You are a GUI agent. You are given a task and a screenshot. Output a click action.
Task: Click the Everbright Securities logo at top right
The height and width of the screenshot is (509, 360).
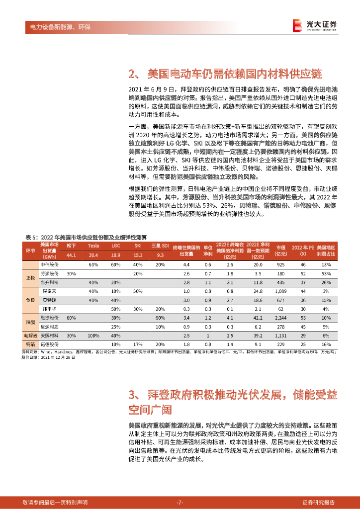pos(314,25)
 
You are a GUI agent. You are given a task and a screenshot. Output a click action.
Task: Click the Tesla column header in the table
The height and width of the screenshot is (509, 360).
pos(93,246)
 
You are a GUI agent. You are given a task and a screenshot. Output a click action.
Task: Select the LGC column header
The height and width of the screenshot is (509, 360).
pos(116,246)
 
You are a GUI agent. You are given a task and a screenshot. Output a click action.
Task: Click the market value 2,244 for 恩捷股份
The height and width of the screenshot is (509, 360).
pos(280,317)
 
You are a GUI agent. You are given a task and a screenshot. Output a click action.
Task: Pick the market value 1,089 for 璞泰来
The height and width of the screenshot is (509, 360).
pos(280,291)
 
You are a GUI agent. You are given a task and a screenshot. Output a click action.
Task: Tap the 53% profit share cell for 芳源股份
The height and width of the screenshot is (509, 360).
pos(326,273)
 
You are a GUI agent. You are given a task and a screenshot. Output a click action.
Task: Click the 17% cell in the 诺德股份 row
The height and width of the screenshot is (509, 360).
pos(138,343)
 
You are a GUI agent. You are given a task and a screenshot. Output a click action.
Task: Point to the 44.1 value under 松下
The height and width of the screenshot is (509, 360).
pos(71,255)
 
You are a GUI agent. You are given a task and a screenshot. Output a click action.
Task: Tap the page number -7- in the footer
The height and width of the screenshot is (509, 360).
pos(180,502)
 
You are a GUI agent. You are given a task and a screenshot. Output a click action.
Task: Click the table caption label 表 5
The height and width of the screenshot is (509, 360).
pos(31,236)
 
